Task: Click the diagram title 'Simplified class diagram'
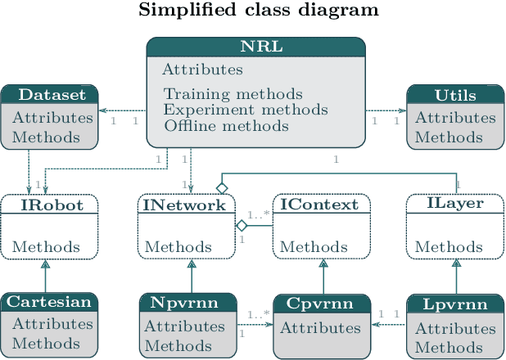pyautogui.click(x=259, y=11)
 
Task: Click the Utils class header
pyautogui.click(x=456, y=95)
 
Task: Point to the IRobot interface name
pyautogui.click(x=51, y=205)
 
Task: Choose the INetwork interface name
pyautogui.click(x=184, y=205)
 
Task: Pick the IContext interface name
pyautogui.click(x=320, y=205)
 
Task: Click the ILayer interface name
pyautogui.click(x=456, y=204)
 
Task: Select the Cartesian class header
pyautogui.click(x=49, y=302)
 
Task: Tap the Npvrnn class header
pyautogui.click(x=184, y=303)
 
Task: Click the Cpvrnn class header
pyautogui.click(x=320, y=304)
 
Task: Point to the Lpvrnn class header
pyautogui.click(x=456, y=304)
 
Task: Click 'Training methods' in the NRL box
pyautogui.click(x=233, y=94)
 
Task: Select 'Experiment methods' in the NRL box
pyautogui.click(x=246, y=110)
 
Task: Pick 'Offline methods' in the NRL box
pyautogui.click(x=226, y=126)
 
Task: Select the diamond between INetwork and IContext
pyautogui.click(x=242, y=224)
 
